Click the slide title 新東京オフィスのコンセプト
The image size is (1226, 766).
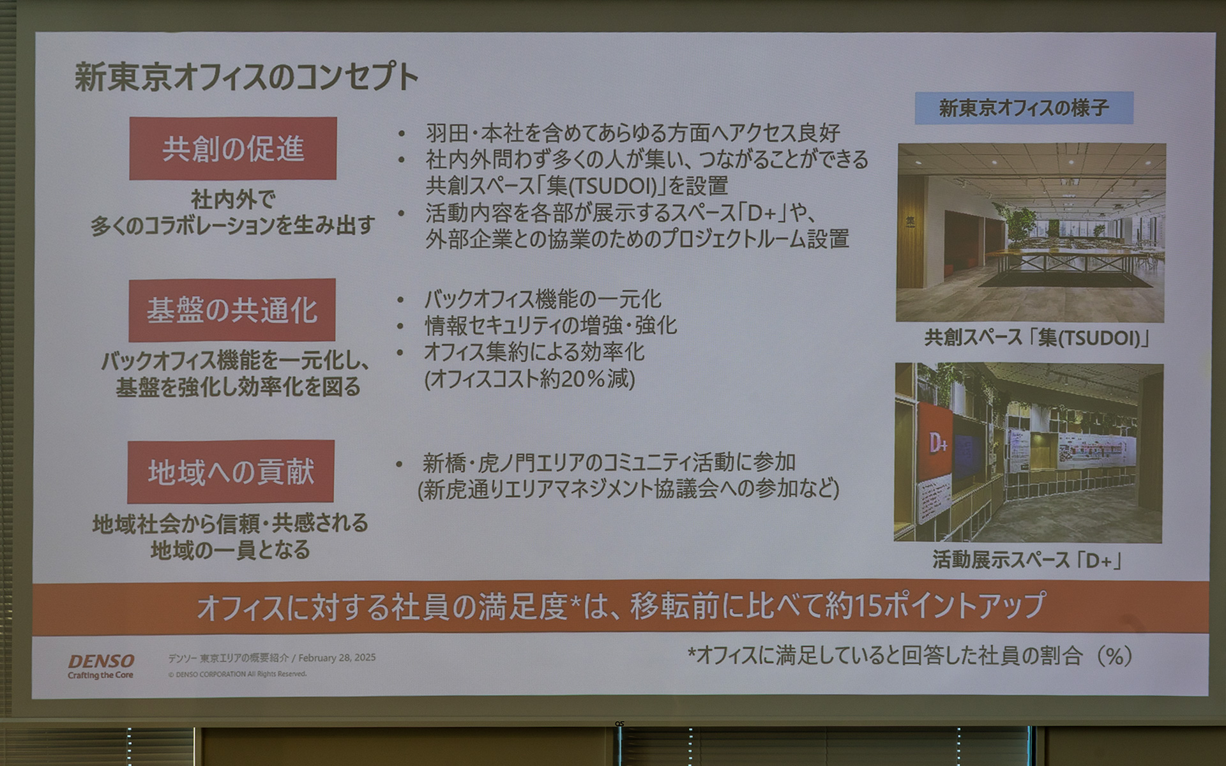(x=246, y=77)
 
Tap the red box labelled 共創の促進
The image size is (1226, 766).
(x=232, y=148)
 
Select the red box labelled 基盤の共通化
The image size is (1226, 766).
(x=232, y=310)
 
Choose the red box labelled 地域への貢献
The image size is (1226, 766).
(x=231, y=472)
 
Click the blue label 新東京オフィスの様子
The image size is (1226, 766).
(x=1024, y=108)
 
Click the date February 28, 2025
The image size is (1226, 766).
(x=337, y=657)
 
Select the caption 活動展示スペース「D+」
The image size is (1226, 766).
(x=1027, y=560)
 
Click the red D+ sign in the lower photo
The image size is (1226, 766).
(x=937, y=442)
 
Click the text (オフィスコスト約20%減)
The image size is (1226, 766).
(x=529, y=379)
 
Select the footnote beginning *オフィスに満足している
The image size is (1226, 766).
(x=910, y=656)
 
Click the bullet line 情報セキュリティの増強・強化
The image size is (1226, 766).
(x=550, y=326)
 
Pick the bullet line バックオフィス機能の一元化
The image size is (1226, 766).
(x=543, y=299)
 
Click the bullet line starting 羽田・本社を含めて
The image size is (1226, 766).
(x=632, y=133)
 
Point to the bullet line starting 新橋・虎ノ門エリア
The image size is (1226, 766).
(x=609, y=462)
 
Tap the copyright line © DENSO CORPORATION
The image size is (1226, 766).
(x=238, y=674)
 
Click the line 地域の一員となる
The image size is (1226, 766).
(x=230, y=550)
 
